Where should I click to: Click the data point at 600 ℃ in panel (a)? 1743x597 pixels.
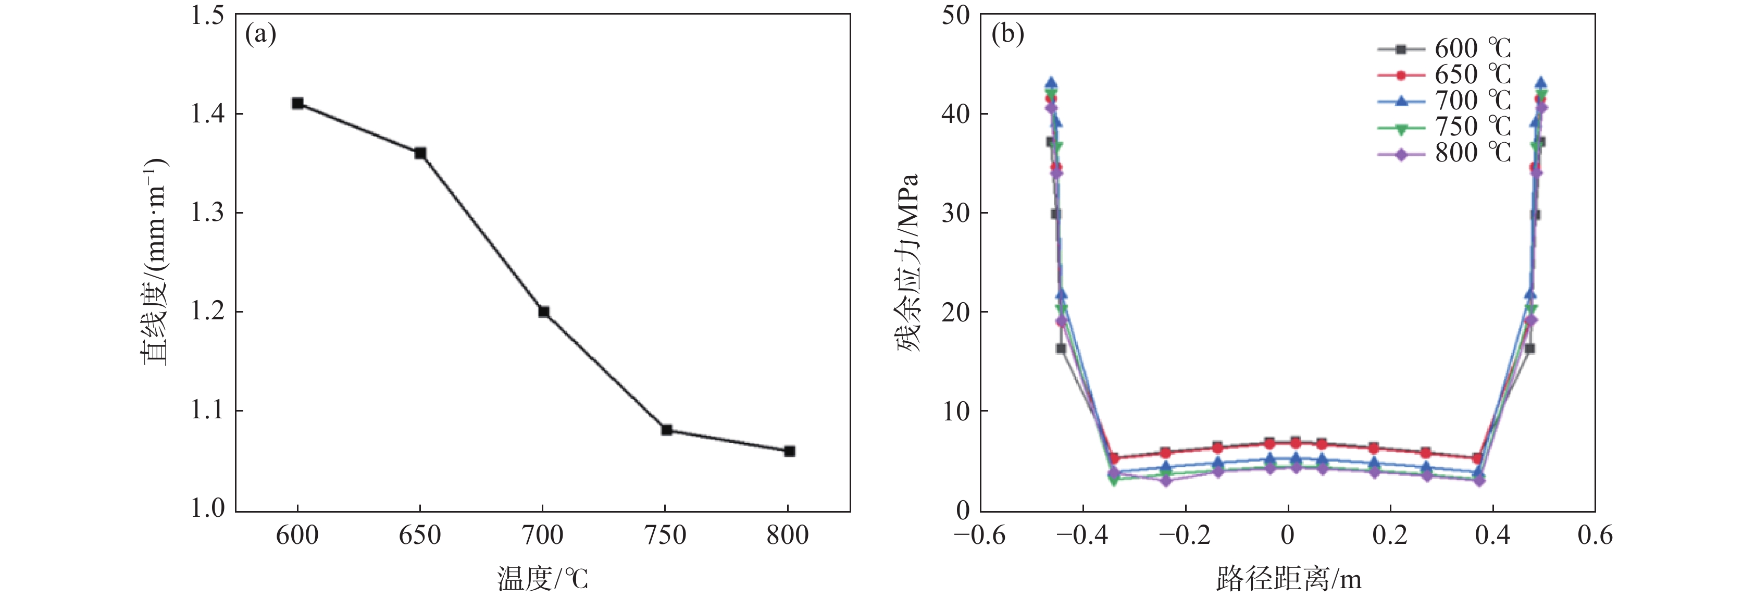pyautogui.click(x=298, y=103)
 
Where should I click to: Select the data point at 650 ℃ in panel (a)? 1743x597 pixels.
pyautogui.click(x=420, y=153)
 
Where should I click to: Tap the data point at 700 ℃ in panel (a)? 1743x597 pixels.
pyautogui.click(x=543, y=312)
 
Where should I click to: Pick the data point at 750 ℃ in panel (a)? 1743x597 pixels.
pyautogui.click(x=666, y=430)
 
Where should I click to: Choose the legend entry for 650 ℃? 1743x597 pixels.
pyautogui.click(x=1444, y=74)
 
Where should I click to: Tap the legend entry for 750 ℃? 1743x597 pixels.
pyautogui.click(x=1444, y=127)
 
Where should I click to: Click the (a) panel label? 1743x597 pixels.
pyautogui.click(x=260, y=34)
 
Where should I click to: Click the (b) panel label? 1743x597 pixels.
pyautogui.click(x=1007, y=34)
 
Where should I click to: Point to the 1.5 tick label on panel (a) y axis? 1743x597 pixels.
pyautogui.click(x=207, y=15)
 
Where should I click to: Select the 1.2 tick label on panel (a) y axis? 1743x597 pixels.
pyautogui.click(x=207, y=312)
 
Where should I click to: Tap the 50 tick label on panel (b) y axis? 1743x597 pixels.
pyautogui.click(x=955, y=15)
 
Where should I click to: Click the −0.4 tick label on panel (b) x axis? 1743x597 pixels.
pyautogui.click(x=1082, y=536)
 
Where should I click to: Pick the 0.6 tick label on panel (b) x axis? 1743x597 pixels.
pyautogui.click(x=1595, y=536)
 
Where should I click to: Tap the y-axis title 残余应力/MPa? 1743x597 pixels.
pyautogui.click(x=908, y=263)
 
